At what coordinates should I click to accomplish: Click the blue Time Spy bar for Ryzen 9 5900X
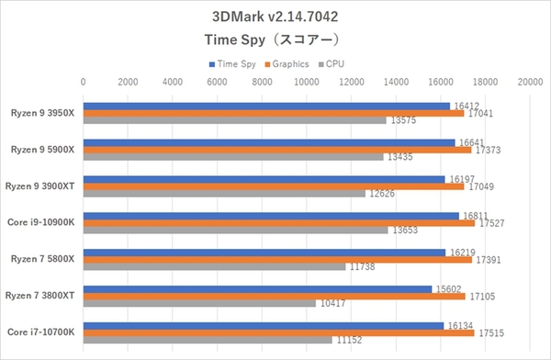click(x=269, y=142)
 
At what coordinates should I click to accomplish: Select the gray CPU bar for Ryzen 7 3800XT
click(x=199, y=303)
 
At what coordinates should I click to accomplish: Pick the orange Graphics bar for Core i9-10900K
click(x=279, y=223)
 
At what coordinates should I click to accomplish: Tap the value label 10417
click(x=332, y=303)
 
